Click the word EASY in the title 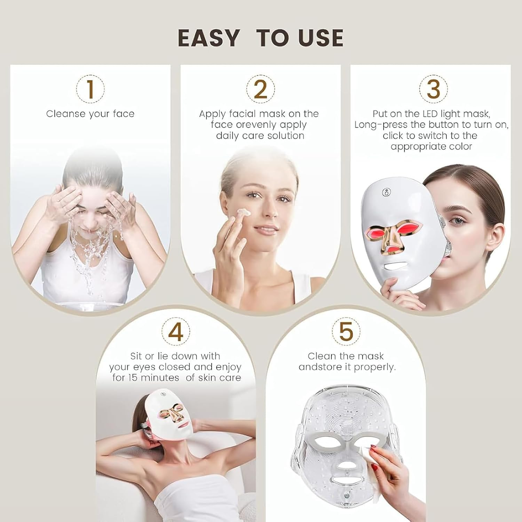tap(208, 38)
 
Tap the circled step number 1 tap(90, 89)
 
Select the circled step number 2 tap(260, 89)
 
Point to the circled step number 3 tap(433, 89)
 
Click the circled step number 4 tap(176, 331)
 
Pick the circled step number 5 tap(346, 331)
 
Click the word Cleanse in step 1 tap(65, 114)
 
